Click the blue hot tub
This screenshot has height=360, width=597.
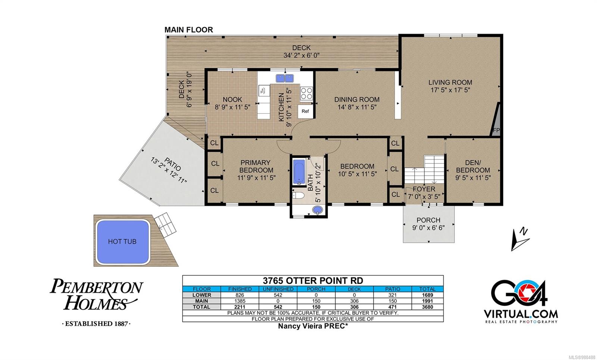point(123,241)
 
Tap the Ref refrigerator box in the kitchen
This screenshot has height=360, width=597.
point(305,112)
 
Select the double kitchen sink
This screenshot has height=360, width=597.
point(285,78)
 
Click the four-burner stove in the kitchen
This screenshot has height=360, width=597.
point(306,93)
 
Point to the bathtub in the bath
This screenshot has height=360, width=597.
point(299,172)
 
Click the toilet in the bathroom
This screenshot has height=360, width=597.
point(298,195)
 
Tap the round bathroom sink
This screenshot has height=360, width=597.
point(318,210)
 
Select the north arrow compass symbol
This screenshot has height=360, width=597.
point(520,239)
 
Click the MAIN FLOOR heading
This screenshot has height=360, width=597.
point(189,30)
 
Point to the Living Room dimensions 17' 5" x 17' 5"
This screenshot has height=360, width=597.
point(450,90)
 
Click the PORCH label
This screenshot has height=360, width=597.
point(428,220)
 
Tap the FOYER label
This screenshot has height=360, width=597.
point(424,189)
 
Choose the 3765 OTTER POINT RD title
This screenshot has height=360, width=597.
point(313,281)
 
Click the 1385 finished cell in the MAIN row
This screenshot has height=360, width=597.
point(240,301)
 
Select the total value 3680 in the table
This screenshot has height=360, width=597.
point(427,307)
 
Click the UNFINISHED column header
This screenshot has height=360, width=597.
point(278,289)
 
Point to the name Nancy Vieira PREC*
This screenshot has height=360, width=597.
point(313,326)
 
